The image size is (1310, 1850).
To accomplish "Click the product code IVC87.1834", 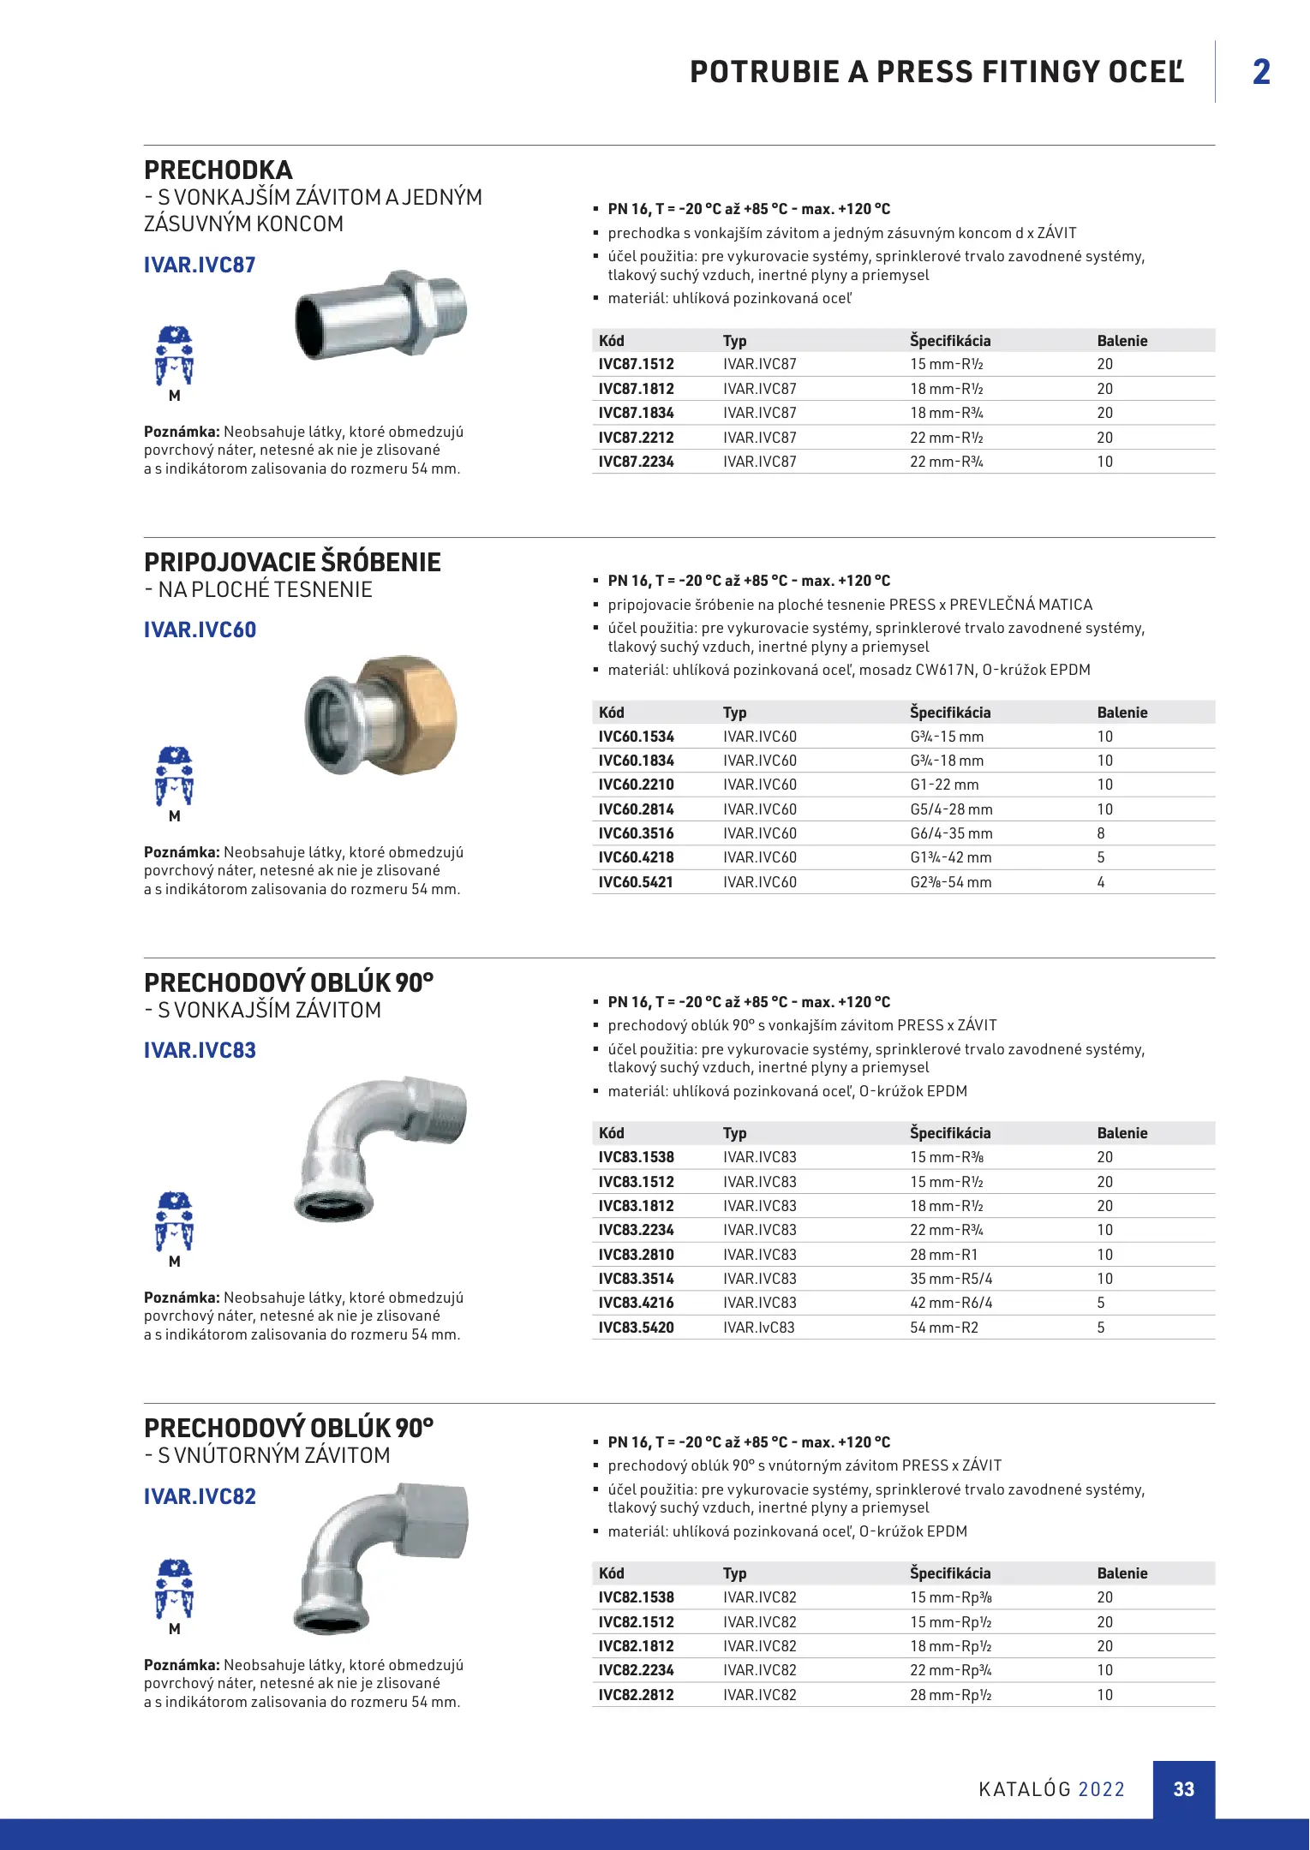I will (636, 413).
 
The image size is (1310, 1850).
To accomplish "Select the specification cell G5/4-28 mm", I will (951, 809).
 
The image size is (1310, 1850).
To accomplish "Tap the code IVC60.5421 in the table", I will (636, 882).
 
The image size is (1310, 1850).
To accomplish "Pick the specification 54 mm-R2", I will (943, 1328).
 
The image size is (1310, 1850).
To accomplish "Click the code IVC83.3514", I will (636, 1279).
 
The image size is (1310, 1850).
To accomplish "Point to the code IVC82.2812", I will (636, 1695).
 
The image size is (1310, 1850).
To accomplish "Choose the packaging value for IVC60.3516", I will (1101, 833).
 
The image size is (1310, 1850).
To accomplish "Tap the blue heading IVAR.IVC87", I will (200, 266).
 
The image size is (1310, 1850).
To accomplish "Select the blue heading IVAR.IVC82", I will (200, 1496).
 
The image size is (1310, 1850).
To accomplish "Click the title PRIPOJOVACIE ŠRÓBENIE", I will (292, 563).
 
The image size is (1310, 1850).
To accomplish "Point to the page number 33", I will (1183, 1789).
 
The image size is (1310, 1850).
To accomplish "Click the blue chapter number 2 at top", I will (1261, 72).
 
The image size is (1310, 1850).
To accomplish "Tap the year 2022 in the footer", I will (1101, 1789).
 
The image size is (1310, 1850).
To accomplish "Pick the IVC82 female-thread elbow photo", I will (382, 1557).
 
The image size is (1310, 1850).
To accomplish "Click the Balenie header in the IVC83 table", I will (1122, 1133).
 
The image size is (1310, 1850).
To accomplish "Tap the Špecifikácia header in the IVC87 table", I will (949, 341).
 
